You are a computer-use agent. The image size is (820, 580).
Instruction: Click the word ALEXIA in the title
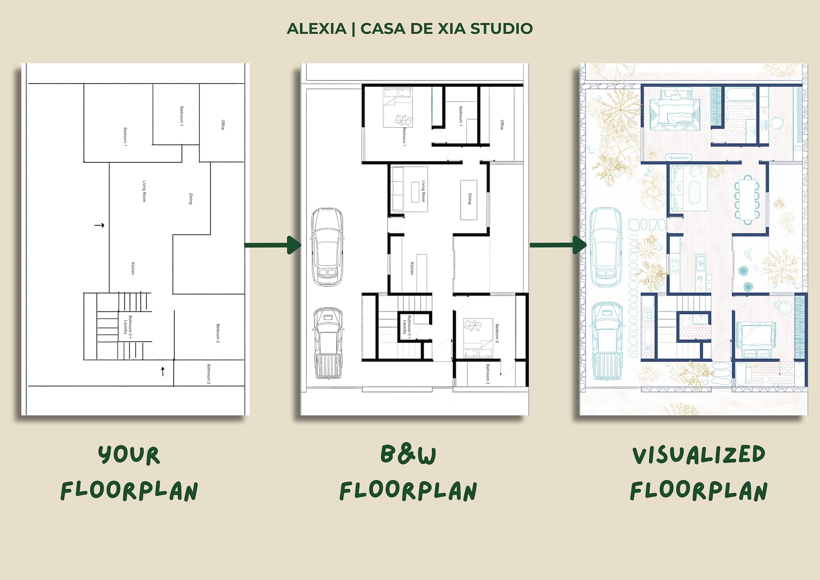point(317,28)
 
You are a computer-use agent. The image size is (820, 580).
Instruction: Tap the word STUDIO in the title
point(501,28)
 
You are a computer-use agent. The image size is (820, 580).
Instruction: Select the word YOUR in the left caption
point(129,455)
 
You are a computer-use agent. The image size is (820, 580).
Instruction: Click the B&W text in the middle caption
point(408,454)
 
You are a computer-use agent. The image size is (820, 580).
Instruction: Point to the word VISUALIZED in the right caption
point(699,455)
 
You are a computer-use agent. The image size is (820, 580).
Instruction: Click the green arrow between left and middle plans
point(273,245)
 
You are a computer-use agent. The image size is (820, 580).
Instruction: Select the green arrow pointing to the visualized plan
point(559,245)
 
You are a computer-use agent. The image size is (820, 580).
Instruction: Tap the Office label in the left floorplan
point(223,124)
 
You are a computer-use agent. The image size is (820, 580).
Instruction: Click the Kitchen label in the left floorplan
point(133,269)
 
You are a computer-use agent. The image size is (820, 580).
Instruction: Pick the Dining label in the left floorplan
point(191,199)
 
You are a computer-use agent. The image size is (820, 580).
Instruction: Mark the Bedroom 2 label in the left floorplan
point(218,333)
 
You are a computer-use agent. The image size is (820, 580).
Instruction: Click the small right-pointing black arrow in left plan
point(99,225)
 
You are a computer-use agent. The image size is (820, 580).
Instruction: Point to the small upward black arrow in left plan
point(163,371)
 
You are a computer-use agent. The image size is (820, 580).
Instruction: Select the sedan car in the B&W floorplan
point(327,246)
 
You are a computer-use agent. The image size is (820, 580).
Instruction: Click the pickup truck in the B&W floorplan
point(328,343)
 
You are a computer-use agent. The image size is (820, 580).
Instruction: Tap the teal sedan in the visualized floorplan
point(606,247)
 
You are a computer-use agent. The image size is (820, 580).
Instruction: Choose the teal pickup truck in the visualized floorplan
point(607,341)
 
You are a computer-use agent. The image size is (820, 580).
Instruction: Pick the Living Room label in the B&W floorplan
point(423,191)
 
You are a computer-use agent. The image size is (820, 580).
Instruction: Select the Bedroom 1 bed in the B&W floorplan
point(398,107)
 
